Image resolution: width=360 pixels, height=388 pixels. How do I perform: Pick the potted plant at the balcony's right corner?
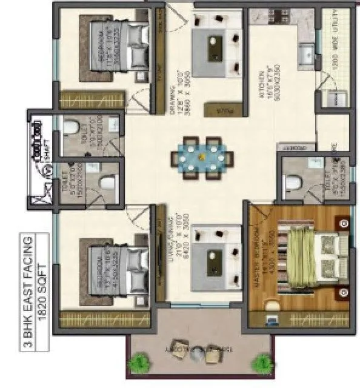(262, 364)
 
